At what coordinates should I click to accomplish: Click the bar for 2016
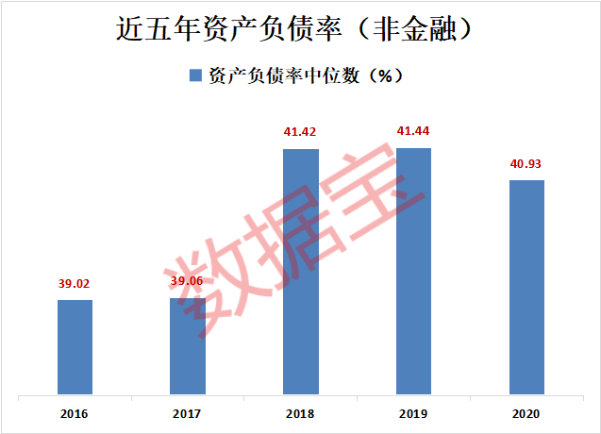coord(75,346)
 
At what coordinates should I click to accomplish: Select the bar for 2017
coord(188,346)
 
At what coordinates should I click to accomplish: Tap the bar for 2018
coord(301,271)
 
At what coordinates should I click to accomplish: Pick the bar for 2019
coord(413,271)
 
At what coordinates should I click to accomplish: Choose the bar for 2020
coord(526,287)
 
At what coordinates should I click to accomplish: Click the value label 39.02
coord(75,281)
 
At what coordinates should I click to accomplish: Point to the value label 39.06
coord(188,280)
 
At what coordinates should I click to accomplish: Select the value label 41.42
coord(301,130)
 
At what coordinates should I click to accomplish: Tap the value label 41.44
coord(413,129)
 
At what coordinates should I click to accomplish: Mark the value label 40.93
coord(526,162)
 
